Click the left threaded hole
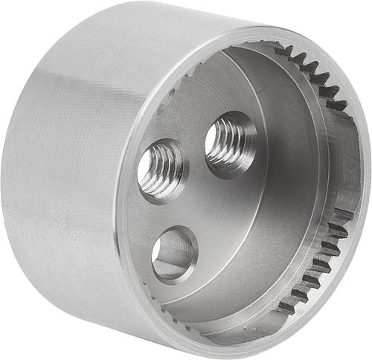161,170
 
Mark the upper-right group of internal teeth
312,74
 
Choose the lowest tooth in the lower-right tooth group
286,306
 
